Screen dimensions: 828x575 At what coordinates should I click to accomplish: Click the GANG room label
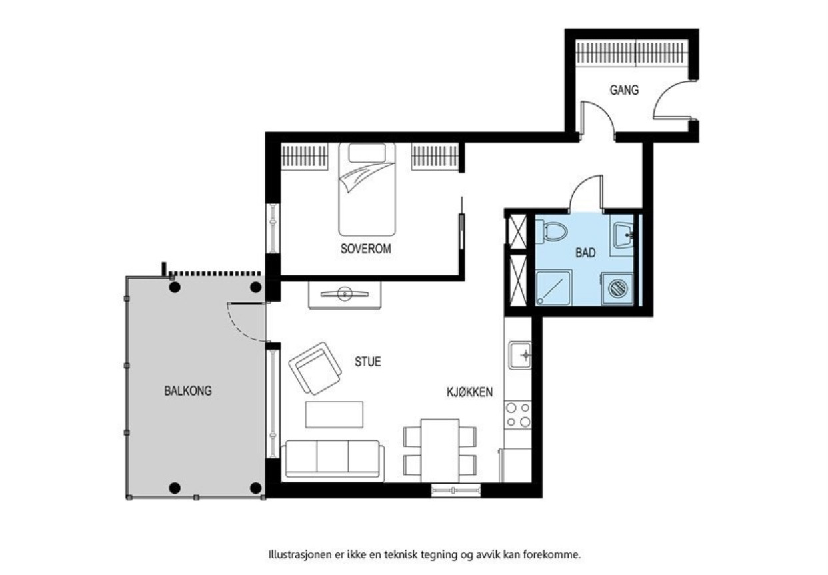(x=624, y=90)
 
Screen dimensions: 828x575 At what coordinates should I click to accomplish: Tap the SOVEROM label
(x=365, y=249)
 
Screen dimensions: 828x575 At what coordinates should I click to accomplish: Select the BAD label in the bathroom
(x=585, y=253)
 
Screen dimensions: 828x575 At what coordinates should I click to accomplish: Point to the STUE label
(x=368, y=362)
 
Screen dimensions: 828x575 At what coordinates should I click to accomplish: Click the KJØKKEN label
(x=470, y=392)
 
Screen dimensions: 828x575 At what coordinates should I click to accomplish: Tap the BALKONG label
(x=188, y=391)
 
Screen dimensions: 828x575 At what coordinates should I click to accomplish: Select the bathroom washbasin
(x=623, y=235)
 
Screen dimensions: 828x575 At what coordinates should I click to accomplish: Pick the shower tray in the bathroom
(x=554, y=288)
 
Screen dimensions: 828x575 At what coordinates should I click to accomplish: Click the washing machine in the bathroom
(x=617, y=288)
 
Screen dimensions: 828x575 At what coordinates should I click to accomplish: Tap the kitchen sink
(x=520, y=356)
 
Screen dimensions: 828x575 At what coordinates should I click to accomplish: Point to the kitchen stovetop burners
(x=518, y=414)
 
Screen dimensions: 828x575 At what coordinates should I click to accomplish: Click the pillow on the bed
(x=367, y=153)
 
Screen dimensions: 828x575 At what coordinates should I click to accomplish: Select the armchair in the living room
(x=315, y=368)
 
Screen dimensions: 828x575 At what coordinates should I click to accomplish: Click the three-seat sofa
(x=333, y=461)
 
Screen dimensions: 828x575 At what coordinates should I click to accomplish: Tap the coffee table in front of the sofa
(x=334, y=414)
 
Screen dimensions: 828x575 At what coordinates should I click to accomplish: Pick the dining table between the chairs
(x=440, y=450)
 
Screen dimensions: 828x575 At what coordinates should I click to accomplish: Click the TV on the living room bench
(x=345, y=294)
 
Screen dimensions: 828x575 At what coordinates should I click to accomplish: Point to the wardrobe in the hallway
(x=632, y=53)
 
